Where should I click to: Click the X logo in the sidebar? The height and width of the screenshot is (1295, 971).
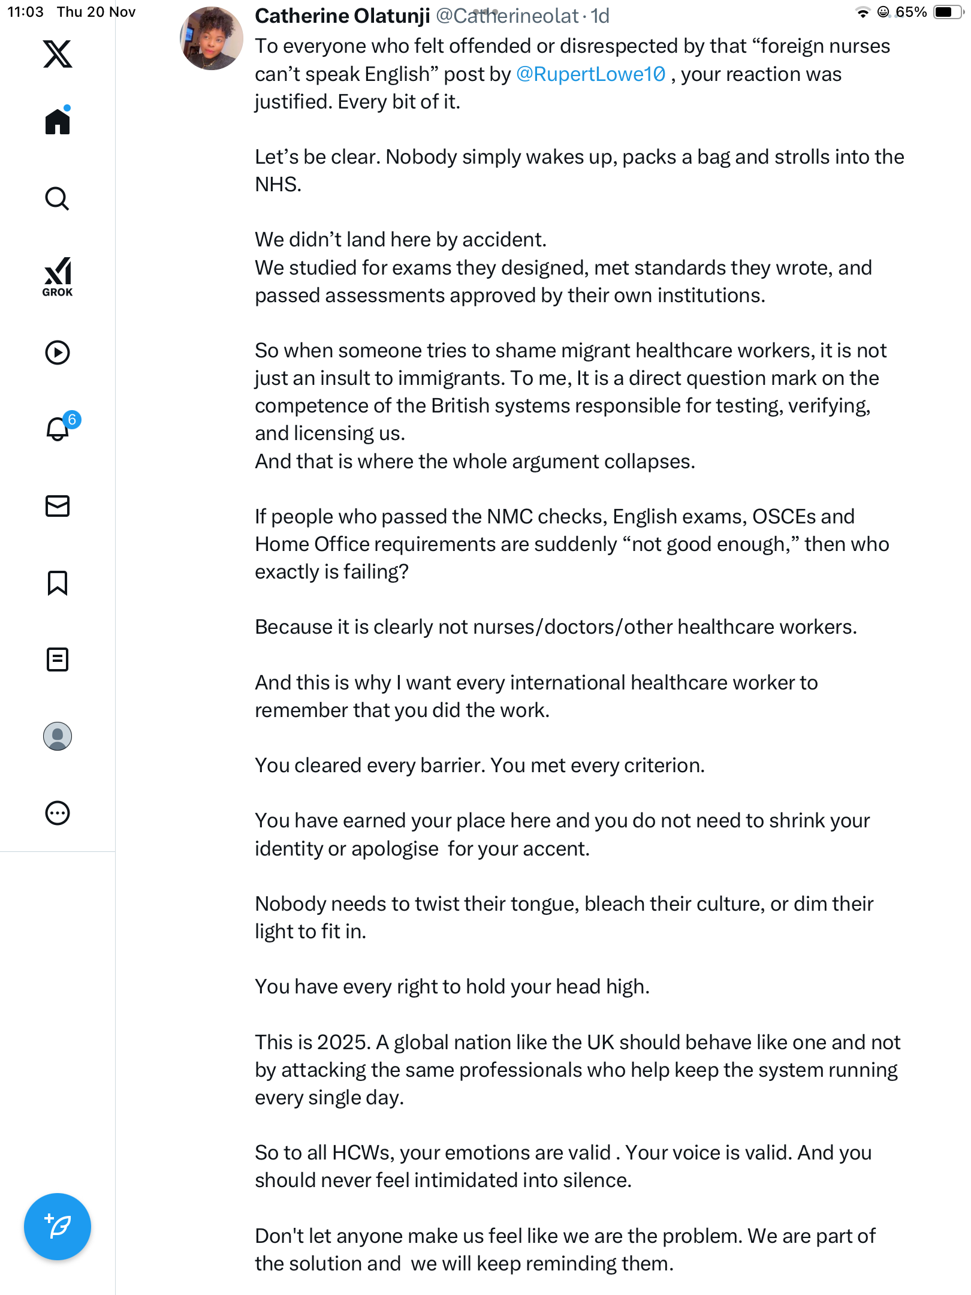coord(58,54)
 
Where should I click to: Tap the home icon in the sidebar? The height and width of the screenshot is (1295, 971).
coord(58,122)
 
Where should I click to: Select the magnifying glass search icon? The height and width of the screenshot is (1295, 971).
coord(58,199)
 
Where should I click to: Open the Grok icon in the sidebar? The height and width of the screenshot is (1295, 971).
coord(58,276)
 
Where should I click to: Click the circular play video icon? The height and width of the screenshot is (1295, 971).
coord(58,353)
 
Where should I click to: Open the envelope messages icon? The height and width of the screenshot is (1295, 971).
coord(58,506)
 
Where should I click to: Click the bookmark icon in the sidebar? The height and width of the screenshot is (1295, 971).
coord(58,583)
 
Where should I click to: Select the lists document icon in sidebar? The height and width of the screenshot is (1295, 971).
coord(58,659)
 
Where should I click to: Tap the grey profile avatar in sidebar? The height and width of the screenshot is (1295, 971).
coord(58,736)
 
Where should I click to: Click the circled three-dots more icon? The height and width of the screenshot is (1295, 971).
coord(58,813)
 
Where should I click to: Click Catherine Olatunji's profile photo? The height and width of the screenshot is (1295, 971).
coord(212,38)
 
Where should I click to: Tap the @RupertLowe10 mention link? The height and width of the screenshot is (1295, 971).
coord(590,74)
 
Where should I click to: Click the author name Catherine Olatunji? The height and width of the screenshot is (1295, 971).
coord(342,16)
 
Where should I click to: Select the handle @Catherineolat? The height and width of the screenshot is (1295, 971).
coord(507,16)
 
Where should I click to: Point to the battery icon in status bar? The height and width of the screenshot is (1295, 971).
coord(947,12)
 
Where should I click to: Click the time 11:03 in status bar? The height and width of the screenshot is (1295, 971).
coord(25,12)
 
